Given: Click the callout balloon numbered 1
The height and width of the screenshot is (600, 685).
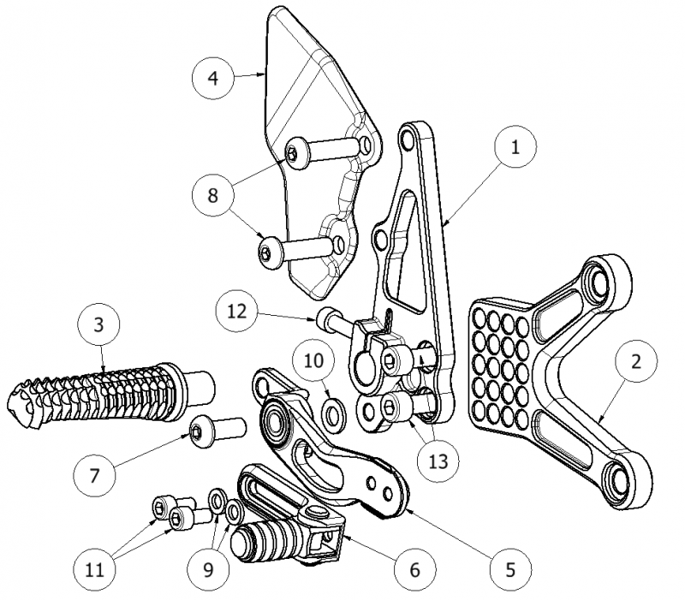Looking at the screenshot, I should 515,147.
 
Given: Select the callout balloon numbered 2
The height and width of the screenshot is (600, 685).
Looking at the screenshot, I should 634,362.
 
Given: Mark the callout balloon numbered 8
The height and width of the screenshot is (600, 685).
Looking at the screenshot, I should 212,195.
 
